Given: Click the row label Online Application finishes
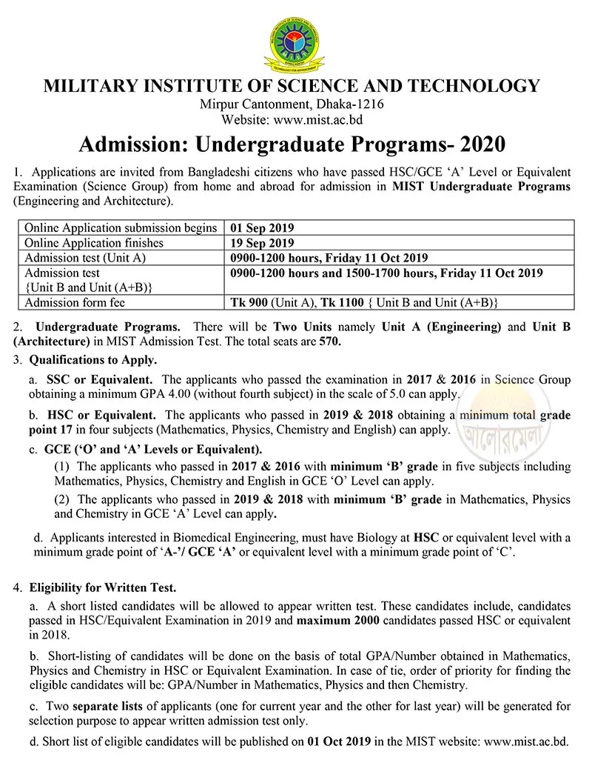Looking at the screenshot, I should coord(94,242).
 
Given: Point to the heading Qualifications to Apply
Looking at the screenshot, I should coord(92,361).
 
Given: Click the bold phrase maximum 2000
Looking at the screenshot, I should coord(334,619).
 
